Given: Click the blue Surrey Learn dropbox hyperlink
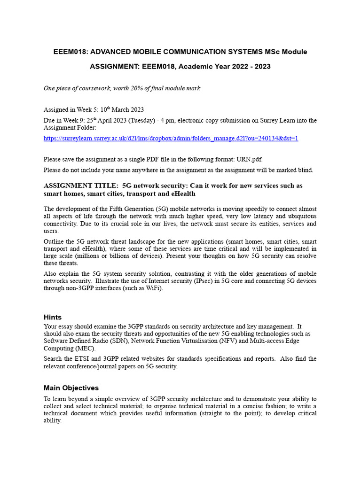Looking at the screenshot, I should (x=171, y=138).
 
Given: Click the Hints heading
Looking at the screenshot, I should (x=53, y=317).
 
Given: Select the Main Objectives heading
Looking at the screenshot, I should (x=71, y=388).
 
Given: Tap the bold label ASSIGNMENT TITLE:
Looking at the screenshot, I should (x=80, y=186).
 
